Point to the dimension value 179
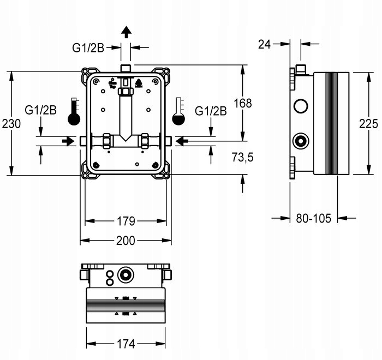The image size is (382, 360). (x=126, y=221)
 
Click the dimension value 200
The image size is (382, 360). (x=126, y=241)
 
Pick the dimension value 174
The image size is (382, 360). (x=126, y=344)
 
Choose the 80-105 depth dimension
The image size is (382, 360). (x=314, y=218)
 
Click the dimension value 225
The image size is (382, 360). (x=368, y=124)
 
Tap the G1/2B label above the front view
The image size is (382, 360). (x=88, y=47)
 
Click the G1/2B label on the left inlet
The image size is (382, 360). (x=41, y=111)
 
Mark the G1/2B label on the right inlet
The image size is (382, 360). (x=211, y=111)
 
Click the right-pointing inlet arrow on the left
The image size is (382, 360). (x=68, y=141)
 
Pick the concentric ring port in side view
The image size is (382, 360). (x=300, y=141)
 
